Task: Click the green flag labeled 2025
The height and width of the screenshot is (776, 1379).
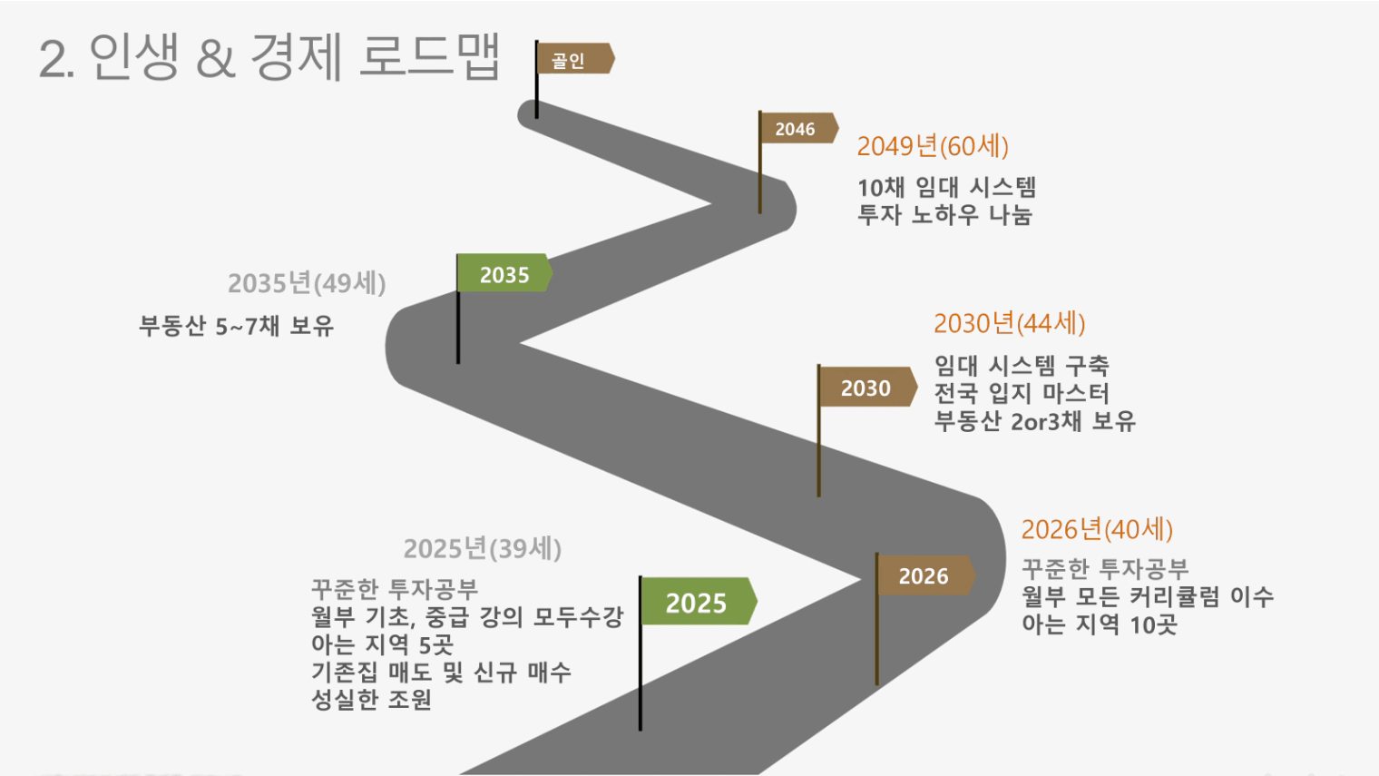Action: [x=699, y=602]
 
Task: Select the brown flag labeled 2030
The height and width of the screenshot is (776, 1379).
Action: [x=867, y=388]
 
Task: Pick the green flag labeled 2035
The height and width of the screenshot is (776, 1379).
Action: [x=504, y=273]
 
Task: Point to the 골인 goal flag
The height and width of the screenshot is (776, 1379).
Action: [x=575, y=58]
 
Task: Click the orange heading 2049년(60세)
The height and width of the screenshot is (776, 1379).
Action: [x=933, y=147]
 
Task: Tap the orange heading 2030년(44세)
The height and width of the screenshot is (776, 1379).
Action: [x=1010, y=324]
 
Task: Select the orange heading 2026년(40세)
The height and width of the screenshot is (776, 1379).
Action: [x=1097, y=530]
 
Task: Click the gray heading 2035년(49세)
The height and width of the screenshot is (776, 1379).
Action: [x=307, y=283]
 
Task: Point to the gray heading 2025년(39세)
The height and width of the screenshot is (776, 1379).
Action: [x=482, y=549]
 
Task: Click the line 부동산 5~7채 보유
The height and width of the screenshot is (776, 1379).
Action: [x=236, y=326]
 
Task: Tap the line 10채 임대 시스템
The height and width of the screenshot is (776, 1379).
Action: [x=947, y=187]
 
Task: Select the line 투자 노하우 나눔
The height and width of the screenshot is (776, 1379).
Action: [x=944, y=215]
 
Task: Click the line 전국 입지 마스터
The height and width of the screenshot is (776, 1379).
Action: [x=1022, y=393]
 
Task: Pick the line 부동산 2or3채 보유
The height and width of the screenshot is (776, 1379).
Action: [x=1035, y=421]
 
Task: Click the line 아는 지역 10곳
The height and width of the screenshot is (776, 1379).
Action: [x=1100, y=624]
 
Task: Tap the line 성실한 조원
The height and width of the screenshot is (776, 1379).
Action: [x=371, y=700]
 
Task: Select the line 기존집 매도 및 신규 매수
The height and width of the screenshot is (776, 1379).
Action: [x=441, y=672]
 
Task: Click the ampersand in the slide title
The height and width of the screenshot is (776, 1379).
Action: [x=215, y=59]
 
